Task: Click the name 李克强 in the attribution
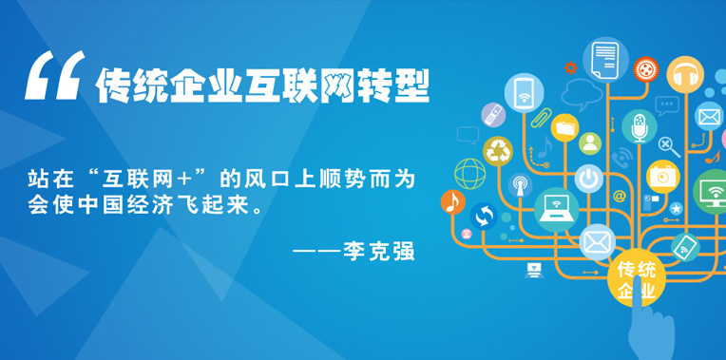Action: [x=381, y=253]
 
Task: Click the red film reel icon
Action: [x=647, y=68]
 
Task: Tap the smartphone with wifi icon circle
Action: [x=524, y=93]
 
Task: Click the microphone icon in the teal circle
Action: [x=640, y=125]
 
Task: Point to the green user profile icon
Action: [x=591, y=143]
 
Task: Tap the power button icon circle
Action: [x=589, y=178]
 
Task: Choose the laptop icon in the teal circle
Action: [x=556, y=208]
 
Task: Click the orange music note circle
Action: [x=452, y=201]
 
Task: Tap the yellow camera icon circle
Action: [x=662, y=175]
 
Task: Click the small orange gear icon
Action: [x=570, y=67]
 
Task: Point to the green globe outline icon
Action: [x=469, y=174]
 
